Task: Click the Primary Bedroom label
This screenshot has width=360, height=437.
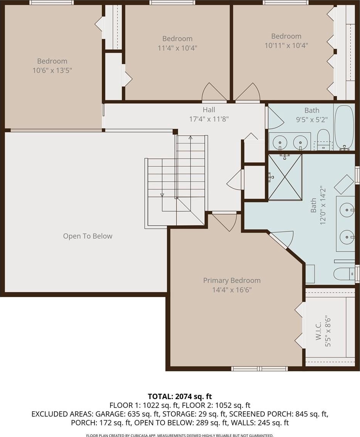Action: tap(232, 280)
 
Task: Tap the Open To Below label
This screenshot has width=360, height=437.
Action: tap(88, 236)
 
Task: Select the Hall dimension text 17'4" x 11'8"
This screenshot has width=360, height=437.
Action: tap(209, 119)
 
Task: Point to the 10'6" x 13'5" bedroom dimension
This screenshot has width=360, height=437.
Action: tap(52, 70)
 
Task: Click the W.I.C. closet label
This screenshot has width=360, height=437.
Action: tap(319, 331)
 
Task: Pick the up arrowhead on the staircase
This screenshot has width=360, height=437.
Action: tap(191, 137)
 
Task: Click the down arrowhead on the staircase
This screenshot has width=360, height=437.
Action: tap(162, 195)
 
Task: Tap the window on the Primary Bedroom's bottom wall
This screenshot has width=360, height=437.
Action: tap(260, 369)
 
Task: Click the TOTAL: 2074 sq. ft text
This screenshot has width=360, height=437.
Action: tap(180, 396)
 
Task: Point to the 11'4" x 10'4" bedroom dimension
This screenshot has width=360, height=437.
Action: tap(178, 48)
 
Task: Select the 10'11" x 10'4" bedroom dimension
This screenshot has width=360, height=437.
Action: tap(286, 45)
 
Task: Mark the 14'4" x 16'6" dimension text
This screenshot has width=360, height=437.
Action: tap(232, 290)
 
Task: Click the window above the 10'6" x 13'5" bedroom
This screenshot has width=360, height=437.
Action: tap(52, 3)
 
